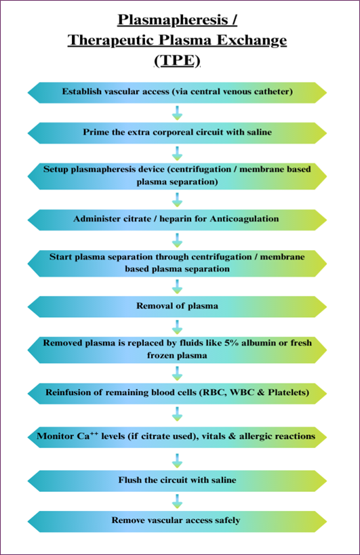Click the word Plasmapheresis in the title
[x=174, y=20]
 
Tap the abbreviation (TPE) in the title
[x=177, y=60]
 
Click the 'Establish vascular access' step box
[x=177, y=92]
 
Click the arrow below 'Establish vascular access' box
[x=177, y=113]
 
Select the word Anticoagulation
[x=244, y=219]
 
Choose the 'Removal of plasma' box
[x=177, y=306]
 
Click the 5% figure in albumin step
[x=231, y=343]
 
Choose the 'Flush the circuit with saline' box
[x=177, y=480]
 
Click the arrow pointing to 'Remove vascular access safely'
[x=177, y=501]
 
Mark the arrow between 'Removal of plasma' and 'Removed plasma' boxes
[x=177, y=327]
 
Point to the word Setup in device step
[x=56, y=169]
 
